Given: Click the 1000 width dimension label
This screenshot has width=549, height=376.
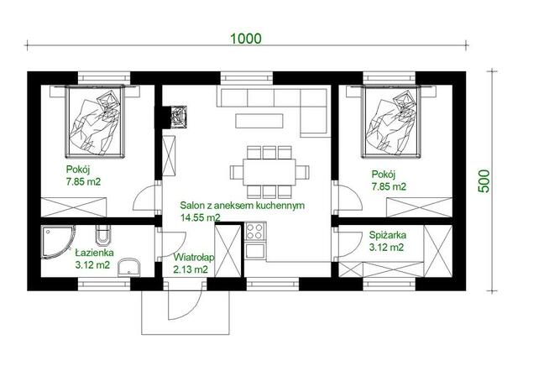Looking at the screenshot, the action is click(x=246, y=39).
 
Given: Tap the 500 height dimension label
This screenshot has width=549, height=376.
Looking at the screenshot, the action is click(x=484, y=180).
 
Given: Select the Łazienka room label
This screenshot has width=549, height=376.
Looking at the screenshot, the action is click(x=95, y=253).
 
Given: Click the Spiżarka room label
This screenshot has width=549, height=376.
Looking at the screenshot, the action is click(x=388, y=235).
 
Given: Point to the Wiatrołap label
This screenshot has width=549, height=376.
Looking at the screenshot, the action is click(x=194, y=258).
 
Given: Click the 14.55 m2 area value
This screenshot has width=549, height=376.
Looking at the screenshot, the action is click(x=201, y=217).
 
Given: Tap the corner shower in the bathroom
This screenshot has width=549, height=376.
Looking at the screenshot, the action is click(x=58, y=242).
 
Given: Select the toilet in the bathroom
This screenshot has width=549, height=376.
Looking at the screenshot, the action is click(x=103, y=234).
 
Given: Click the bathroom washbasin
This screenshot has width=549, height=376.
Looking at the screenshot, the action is click(x=128, y=268).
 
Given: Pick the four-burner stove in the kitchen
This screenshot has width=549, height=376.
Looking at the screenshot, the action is click(x=255, y=231).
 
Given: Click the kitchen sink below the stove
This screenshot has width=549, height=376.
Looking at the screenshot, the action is click(x=255, y=251).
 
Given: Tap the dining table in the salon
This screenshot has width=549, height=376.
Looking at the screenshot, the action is click(x=269, y=172).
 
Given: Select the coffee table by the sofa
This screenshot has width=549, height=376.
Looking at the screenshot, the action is click(x=259, y=121).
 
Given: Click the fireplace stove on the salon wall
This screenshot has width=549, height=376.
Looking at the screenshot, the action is click(x=179, y=116).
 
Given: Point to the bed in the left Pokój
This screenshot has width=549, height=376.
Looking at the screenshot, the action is click(x=95, y=121).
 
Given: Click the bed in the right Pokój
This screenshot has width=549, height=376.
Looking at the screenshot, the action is click(x=390, y=121).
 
